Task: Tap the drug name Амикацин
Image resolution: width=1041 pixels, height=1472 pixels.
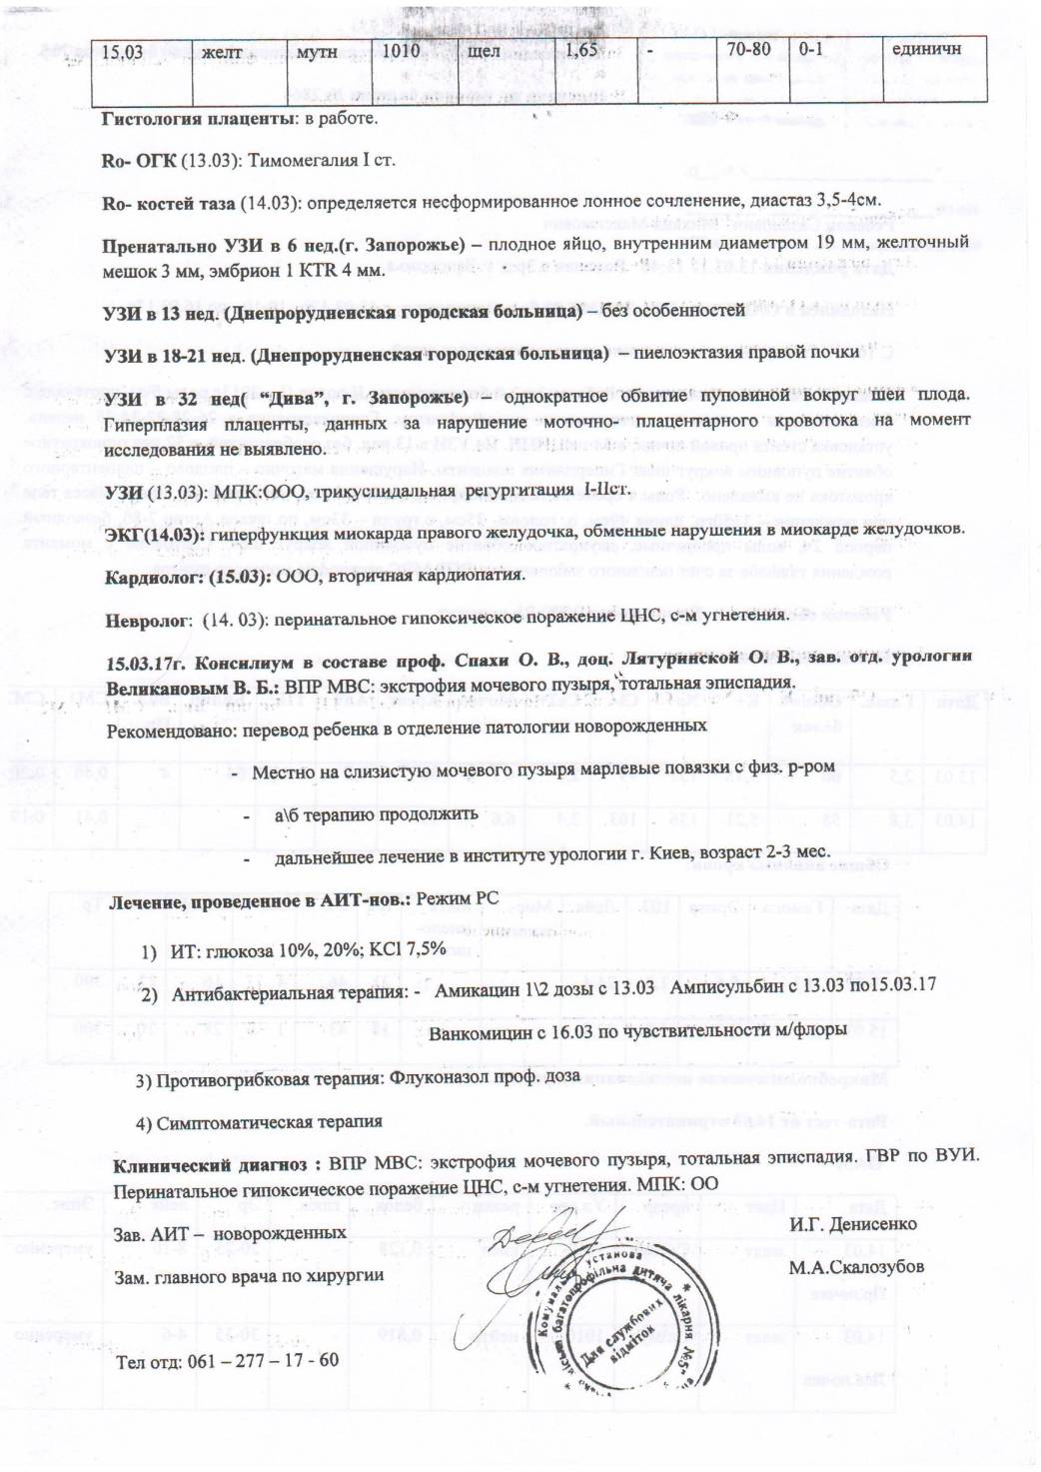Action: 477,987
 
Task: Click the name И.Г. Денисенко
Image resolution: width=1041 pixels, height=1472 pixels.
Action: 852,1223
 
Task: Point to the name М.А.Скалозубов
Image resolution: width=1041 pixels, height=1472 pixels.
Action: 856,1267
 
